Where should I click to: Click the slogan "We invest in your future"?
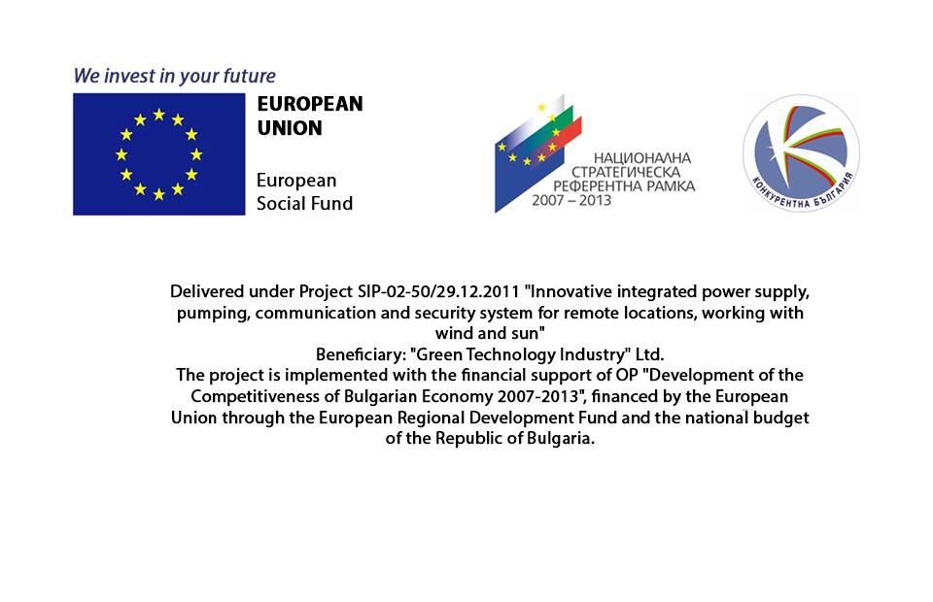174,76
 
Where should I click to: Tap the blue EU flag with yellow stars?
158,154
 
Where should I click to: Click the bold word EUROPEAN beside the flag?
310,104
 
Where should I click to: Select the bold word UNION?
290,128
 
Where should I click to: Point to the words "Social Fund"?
304,204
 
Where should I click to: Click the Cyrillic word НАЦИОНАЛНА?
642,158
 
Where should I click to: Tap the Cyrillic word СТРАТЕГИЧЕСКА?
626,172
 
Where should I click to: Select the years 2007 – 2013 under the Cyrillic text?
571,200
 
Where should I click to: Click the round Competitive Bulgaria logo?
801,152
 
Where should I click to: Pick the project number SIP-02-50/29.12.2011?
438,292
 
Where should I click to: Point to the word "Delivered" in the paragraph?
207,292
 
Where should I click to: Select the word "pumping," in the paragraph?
213,314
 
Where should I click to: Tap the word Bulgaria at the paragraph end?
560,439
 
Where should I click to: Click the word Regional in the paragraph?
431,418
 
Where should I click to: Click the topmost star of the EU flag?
158,115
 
